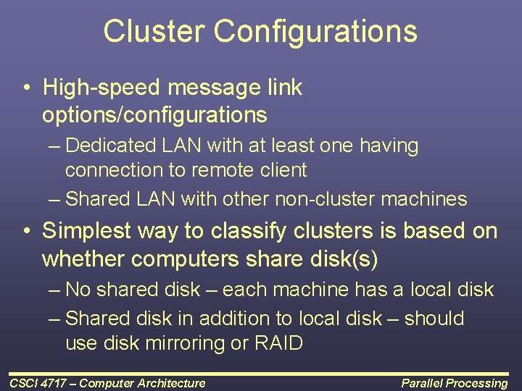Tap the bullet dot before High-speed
point(26,88)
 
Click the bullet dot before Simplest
point(26,231)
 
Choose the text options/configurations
point(154,114)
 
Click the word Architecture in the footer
point(170,383)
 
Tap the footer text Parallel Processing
point(455,383)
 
